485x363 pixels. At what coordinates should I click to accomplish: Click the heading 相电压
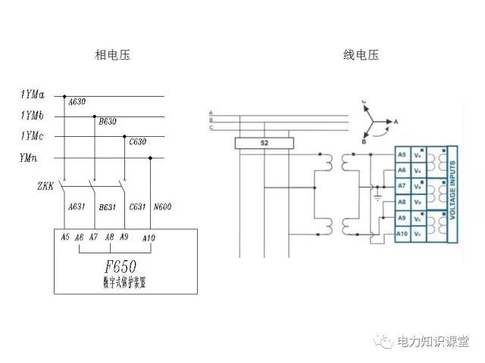click(113, 55)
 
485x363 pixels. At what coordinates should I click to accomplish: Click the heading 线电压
click(361, 55)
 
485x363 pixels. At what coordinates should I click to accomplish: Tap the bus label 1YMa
click(32, 95)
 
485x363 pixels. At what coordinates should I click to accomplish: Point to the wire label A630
click(77, 101)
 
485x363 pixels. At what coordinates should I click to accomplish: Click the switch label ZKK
click(45, 185)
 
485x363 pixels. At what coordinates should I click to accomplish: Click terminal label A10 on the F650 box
click(149, 237)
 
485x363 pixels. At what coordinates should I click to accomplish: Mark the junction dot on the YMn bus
click(151, 158)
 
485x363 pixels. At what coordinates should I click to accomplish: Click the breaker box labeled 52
click(264, 143)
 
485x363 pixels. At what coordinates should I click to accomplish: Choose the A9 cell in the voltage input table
click(402, 219)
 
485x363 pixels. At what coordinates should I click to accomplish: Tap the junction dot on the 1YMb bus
click(94, 116)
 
